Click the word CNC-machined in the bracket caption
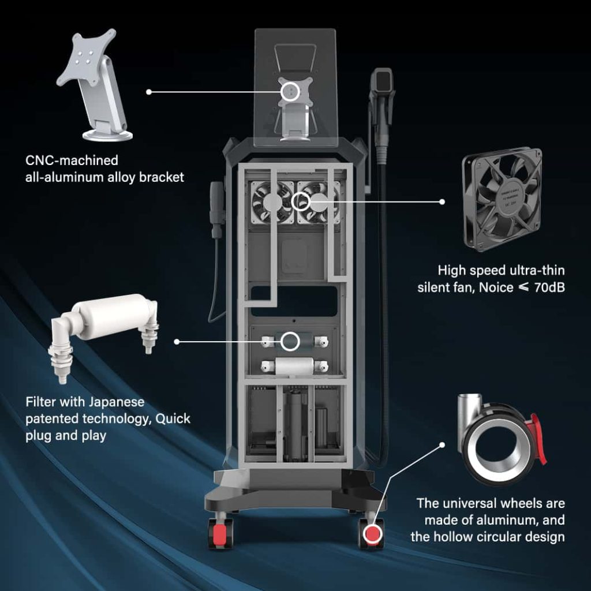[x=72, y=160]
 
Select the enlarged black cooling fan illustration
[x=502, y=199]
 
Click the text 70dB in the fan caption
[x=549, y=287]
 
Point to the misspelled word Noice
[x=496, y=287]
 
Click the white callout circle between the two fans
[x=301, y=201]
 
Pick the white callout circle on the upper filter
[x=290, y=342]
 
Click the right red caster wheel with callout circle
[x=372, y=533]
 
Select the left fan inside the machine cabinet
[x=272, y=202]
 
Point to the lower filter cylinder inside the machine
[x=294, y=366]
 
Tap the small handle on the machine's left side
[x=217, y=209]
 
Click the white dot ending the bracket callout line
[x=149, y=92]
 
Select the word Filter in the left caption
[x=41, y=402]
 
